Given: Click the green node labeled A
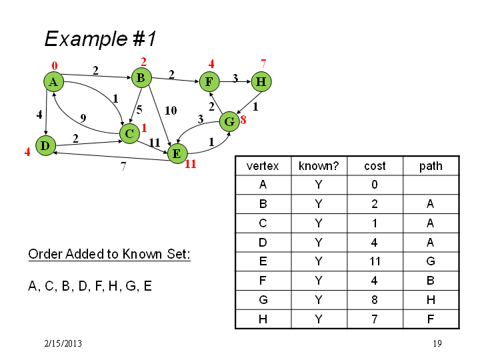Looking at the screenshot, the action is click(53, 82).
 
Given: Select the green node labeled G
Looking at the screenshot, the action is click(229, 121).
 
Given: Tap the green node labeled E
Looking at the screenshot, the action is click(177, 153).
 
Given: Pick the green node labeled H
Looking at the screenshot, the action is click(261, 82).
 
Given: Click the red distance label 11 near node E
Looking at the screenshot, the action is click(190, 164).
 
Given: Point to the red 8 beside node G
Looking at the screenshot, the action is click(243, 120).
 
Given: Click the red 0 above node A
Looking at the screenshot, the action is click(55, 65).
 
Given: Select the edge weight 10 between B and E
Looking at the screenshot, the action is click(171, 110).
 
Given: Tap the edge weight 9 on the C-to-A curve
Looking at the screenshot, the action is click(83, 118).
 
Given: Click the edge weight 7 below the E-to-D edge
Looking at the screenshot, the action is click(123, 166).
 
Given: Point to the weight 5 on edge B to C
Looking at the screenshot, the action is click(139, 109).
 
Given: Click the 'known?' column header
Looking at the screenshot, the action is click(319, 166).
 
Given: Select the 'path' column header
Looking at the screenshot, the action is click(431, 166).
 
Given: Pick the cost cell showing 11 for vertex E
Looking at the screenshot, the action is click(375, 261).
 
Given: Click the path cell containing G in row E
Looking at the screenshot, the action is click(431, 261).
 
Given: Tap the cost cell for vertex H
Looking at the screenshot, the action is click(375, 319).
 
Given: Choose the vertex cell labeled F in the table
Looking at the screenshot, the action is click(263, 281).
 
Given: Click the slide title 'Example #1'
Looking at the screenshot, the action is click(101, 39).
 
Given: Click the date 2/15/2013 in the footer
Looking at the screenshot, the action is click(63, 343).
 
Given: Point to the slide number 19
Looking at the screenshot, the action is click(437, 343).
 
